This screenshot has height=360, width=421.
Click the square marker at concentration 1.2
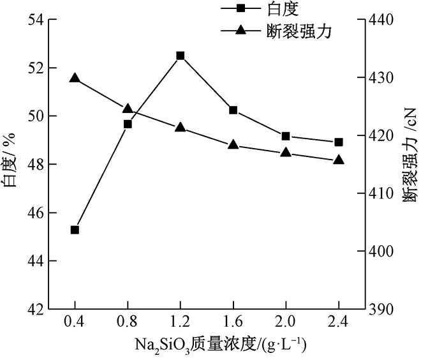tap(181, 56)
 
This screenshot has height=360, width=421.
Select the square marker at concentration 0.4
tap(75, 230)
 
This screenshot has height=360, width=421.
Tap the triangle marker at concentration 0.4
tap(75, 78)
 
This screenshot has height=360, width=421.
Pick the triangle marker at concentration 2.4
tap(339, 160)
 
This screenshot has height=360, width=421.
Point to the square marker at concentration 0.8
tap(128, 124)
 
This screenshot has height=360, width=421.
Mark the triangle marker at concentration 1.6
tap(233, 145)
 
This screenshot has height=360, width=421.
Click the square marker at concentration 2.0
tap(286, 136)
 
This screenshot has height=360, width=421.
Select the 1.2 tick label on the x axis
tap(181, 323)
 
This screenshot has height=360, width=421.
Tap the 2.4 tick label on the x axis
tap(339, 323)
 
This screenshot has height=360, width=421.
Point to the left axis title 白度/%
tap(11, 165)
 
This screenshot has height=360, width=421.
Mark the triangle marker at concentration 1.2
tap(181, 127)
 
